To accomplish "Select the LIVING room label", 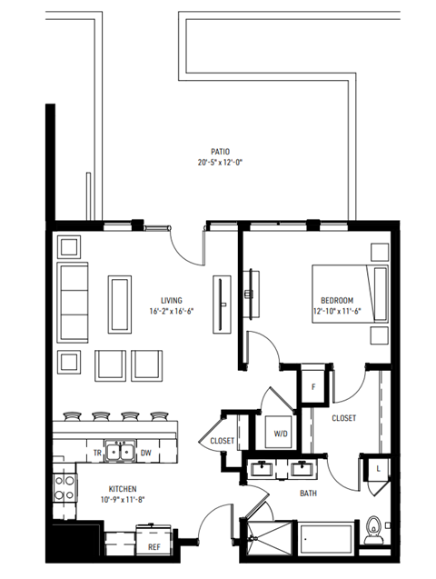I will [171, 300].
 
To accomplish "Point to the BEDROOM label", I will [337, 300].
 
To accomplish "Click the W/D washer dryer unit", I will [282, 434].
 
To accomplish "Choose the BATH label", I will [308, 494].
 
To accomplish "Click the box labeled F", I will [313, 385].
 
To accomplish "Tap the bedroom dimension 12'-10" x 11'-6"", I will [337, 311].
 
